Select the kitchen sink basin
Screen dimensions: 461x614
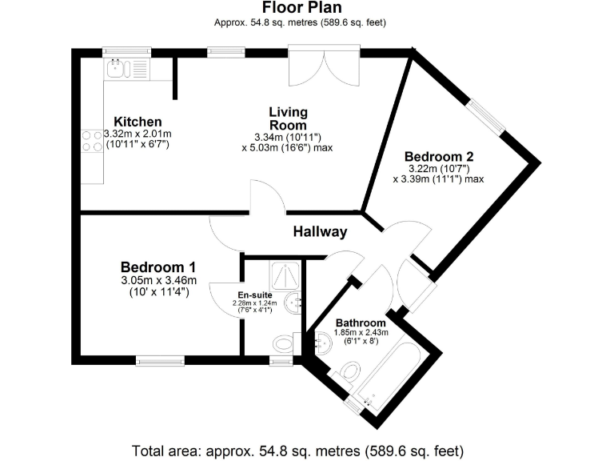click(117, 67)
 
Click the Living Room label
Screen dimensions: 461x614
click(288, 118)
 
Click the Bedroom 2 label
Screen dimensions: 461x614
click(433, 156)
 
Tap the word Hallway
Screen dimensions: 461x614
click(320, 232)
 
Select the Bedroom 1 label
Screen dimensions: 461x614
click(158, 267)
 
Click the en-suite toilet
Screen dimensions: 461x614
click(284, 343)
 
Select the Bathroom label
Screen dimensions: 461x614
click(361, 323)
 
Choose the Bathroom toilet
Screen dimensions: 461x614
click(350, 371)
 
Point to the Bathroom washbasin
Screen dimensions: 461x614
click(323, 343)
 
